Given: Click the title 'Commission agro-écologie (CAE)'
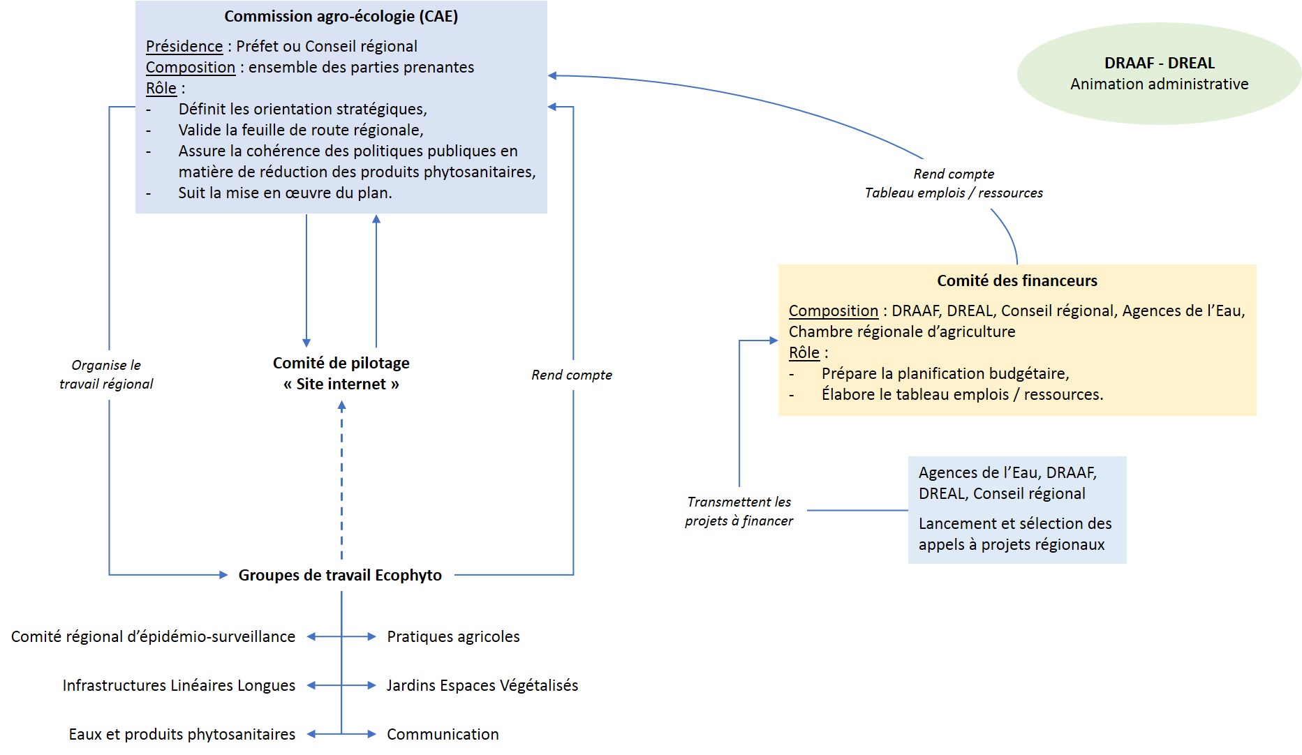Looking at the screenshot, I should pos(341,17).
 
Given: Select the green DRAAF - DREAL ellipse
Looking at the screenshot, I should pos(1159,74).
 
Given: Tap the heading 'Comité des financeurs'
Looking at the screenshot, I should pos(1016,281).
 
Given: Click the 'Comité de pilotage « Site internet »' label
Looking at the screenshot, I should pos(341,373).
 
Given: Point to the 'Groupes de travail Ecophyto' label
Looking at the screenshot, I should pos(340,576).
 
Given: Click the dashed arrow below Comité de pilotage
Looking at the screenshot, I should pos(341,481).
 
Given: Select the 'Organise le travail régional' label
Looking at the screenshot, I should pos(106,375).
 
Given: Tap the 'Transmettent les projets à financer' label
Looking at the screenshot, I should pos(739,511).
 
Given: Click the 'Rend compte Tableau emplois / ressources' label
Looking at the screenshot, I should pos(954,184).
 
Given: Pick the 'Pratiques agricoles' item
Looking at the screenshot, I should pos(453,637).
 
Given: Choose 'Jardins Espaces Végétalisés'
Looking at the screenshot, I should pos(482,686).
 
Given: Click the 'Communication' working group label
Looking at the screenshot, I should pos(443,735).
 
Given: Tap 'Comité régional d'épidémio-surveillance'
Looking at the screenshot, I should pos(153,637).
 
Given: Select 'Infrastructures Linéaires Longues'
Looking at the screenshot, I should pos(179,686).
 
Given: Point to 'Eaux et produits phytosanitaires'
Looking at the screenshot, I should pos(182,735).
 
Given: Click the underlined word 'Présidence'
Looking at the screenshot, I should pos(184,47).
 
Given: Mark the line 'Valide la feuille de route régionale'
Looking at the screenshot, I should pos(300,130).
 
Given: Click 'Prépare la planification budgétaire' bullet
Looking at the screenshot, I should pos(945,374).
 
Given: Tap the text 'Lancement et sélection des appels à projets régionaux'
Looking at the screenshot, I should pos(1014,535).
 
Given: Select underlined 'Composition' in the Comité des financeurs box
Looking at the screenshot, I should pos(833,311).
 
